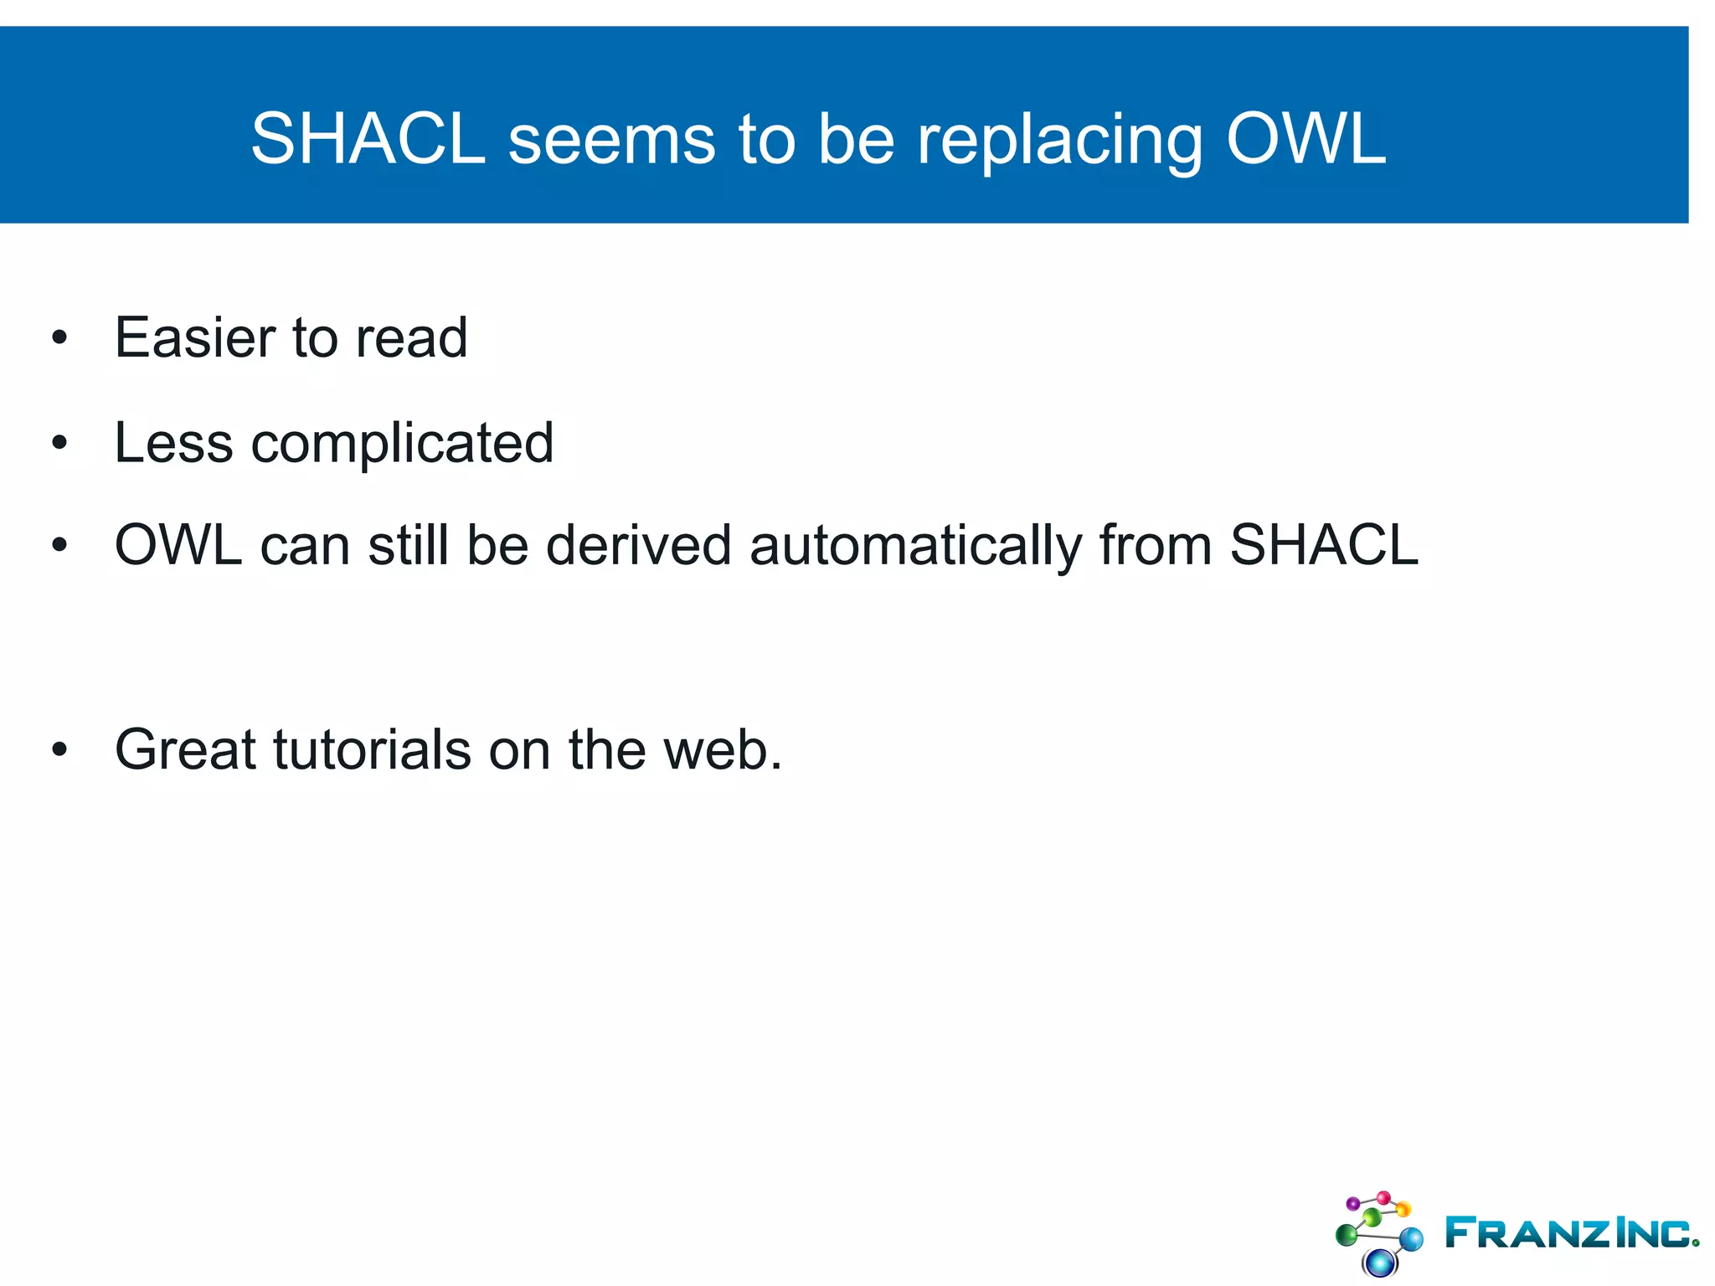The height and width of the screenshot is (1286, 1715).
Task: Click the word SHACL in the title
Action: click(x=368, y=138)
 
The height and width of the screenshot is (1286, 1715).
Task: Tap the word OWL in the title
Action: click(x=1306, y=138)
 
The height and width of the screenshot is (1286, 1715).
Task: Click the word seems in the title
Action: click(x=611, y=140)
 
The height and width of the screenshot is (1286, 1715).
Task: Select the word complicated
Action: click(x=402, y=444)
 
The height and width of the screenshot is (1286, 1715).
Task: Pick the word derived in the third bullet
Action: click(x=639, y=545)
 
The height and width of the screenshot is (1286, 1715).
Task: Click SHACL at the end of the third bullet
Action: click(x=1324, y=545)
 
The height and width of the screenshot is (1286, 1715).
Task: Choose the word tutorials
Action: click(x=372, y=749)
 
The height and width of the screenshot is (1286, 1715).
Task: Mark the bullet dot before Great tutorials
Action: click(x=59, y=750)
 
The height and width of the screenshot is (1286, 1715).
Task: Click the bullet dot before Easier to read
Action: click(x=59, y=338)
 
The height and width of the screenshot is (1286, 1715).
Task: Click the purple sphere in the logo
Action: click(x=1352, y=1204)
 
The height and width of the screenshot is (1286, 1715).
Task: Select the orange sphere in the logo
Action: click(x=1403, y=1209)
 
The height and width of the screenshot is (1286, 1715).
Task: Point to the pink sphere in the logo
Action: click(x=1383, y=1197)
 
